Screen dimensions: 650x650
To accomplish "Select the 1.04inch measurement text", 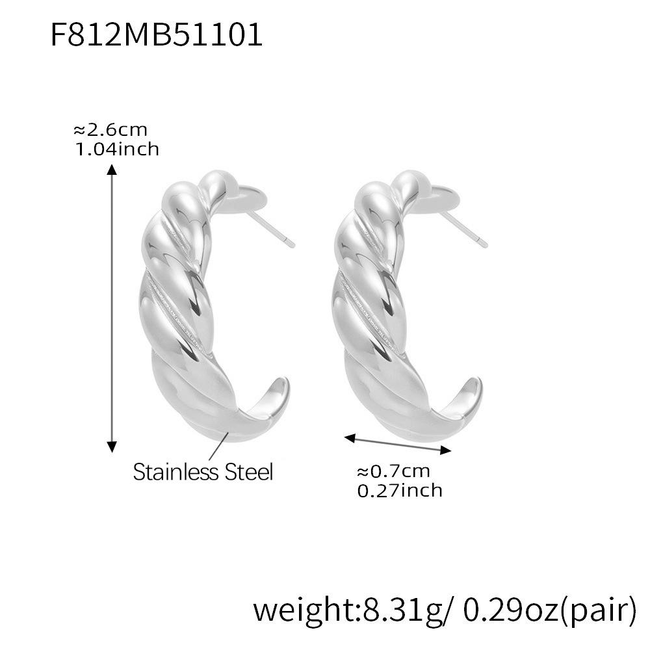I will [117, 149].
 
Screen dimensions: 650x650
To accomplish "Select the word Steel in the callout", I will [248, 471].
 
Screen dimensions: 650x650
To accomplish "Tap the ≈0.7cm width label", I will [393, 471].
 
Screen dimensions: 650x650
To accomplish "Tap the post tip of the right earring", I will [484, 244].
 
